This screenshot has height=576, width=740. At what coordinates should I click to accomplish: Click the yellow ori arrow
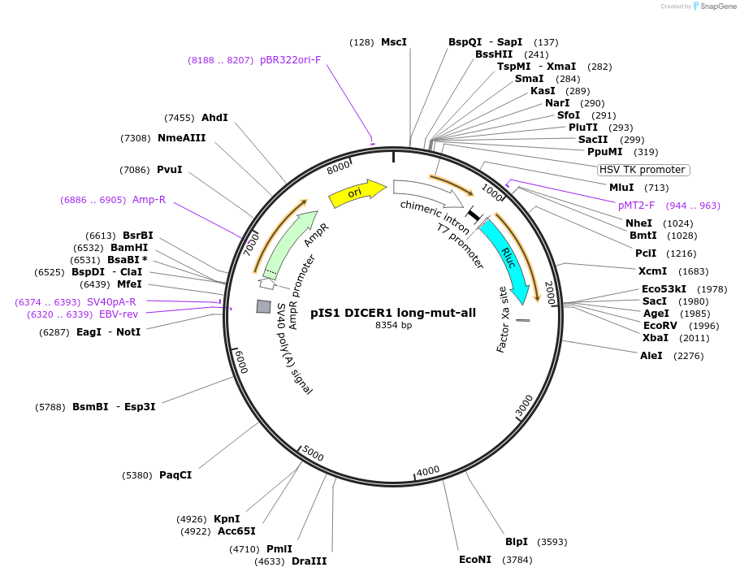356,193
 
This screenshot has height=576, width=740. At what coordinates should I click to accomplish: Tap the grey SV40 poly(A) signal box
263,306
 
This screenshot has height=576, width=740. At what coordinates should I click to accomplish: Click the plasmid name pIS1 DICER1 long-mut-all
393,312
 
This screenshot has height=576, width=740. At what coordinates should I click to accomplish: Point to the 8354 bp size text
393,325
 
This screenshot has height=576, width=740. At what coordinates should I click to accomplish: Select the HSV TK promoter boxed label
643,170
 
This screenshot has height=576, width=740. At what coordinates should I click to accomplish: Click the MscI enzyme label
394,42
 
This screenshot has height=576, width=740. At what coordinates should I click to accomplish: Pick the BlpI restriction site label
517,542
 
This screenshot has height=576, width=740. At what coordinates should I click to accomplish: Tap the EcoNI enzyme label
475,560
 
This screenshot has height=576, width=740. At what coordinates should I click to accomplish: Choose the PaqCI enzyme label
175,475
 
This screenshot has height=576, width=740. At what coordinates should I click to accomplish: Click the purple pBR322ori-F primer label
290,60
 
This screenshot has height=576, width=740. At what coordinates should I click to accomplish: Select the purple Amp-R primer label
149,200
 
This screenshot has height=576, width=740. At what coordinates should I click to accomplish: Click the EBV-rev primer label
119,314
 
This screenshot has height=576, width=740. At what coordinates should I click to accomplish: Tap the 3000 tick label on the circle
524,403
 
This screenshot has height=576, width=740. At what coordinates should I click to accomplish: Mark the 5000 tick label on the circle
313,455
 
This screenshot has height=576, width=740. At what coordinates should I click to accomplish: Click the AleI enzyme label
651,356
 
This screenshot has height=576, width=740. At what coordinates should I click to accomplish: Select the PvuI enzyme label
169,170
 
